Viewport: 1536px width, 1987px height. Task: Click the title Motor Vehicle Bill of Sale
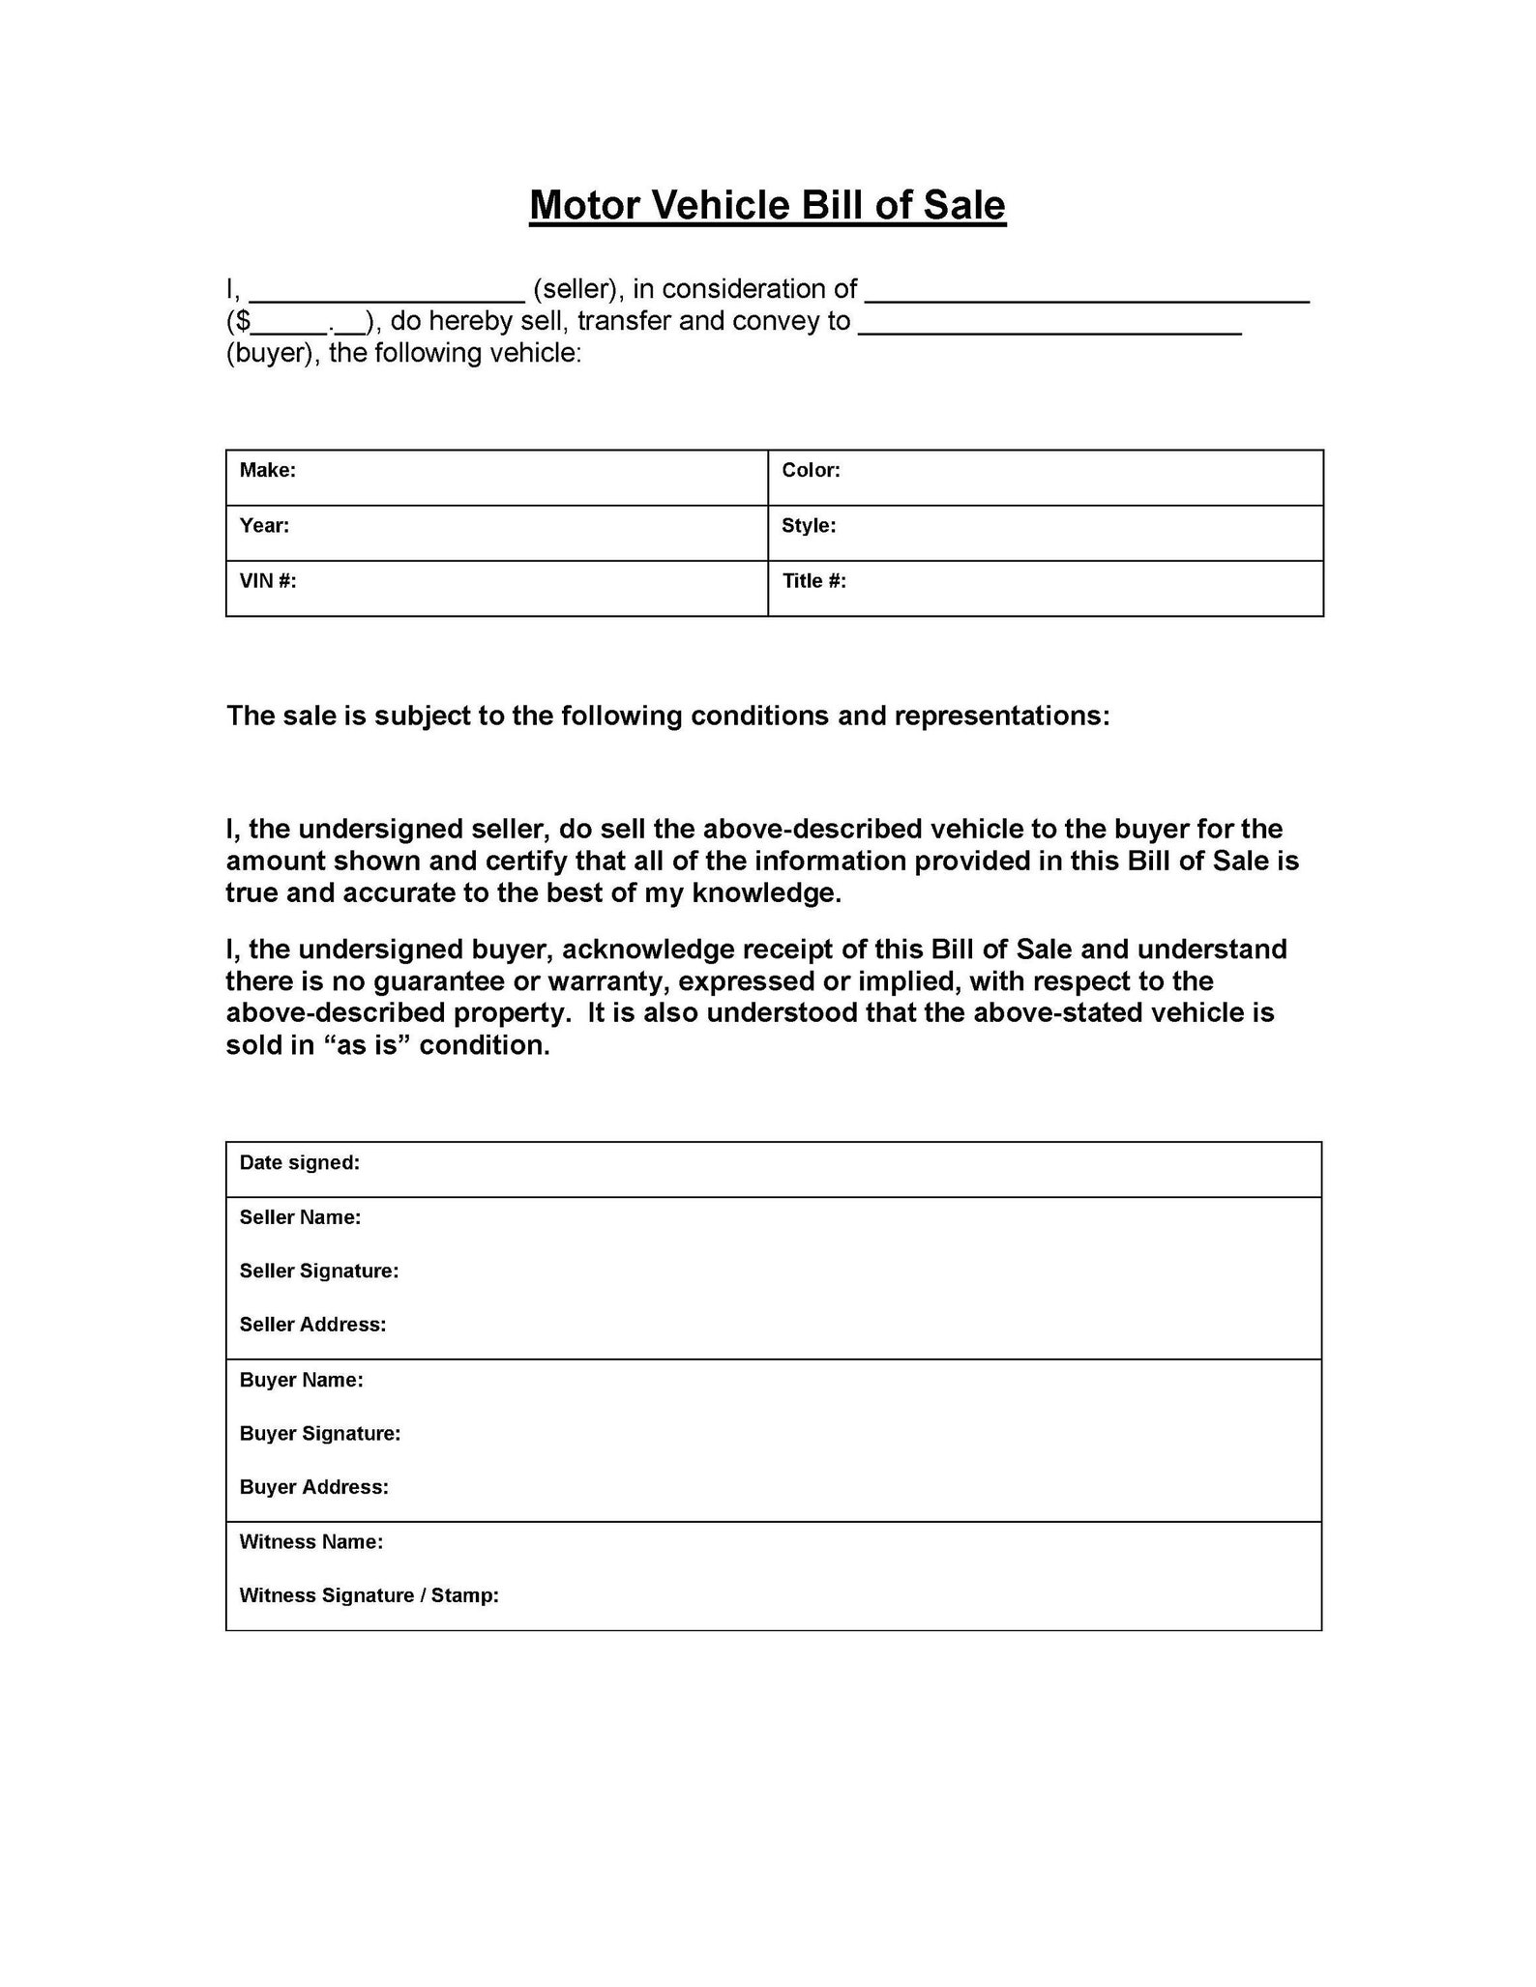(x=767, y=206)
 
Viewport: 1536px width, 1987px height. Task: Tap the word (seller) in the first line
(x=576, y=289)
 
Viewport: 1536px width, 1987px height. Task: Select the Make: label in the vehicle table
(x=268, y=470)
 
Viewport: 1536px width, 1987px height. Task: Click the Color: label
(x=811, y=470)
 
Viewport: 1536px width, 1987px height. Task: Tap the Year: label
(x=264, y=525)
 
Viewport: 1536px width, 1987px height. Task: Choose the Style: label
(x=809, y=525)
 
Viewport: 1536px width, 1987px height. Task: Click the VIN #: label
(x=268, y=580)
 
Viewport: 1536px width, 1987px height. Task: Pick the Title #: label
(x=813, y=580)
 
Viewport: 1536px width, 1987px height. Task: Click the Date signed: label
(x=299, y=1162)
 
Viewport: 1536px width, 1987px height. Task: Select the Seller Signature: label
(x=319, y=1271)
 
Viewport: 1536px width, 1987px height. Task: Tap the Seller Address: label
(x=312, y=1325)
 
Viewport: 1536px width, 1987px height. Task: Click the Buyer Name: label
(x=301, y=1380)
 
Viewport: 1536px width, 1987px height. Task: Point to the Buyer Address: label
(x=313, y=1487)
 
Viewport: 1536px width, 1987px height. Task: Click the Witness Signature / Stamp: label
(x=369, y=1595)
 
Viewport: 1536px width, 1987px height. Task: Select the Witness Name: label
(x=310, y=1541)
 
